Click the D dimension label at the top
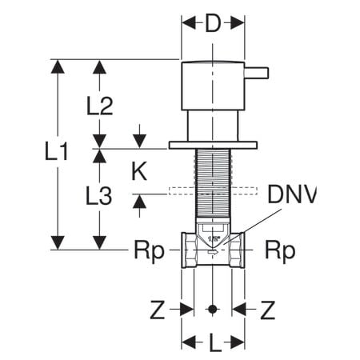click(212, 23)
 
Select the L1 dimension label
click(54, 151)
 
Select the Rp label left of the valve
click(148, 250)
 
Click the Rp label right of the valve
click(280, 250)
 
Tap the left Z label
click(158, 308)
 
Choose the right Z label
click(268, 308)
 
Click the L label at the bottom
click(213, 344)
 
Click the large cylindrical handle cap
click(213, 85)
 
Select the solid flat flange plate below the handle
click(213, 146)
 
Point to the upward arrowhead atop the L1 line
click(57, 66)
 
